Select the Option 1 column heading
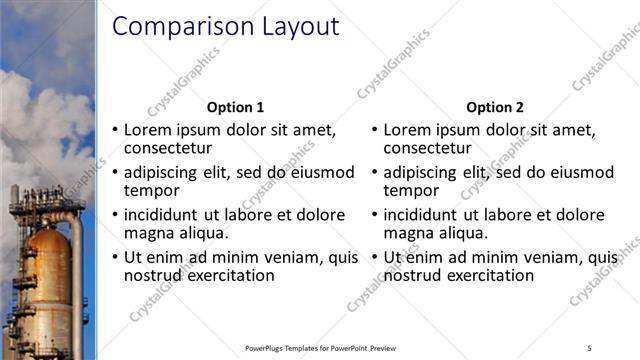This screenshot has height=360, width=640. tap(235, 107)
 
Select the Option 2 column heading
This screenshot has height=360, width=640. tap(494, 107)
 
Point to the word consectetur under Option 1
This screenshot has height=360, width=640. tap(168, 150)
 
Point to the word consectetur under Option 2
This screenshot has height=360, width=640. tap(429, 150)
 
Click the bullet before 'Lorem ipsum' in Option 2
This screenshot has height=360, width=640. tap(375, 130)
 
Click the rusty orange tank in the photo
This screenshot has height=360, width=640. tap(45, 270)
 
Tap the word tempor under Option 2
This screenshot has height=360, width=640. tap(411, 191)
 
